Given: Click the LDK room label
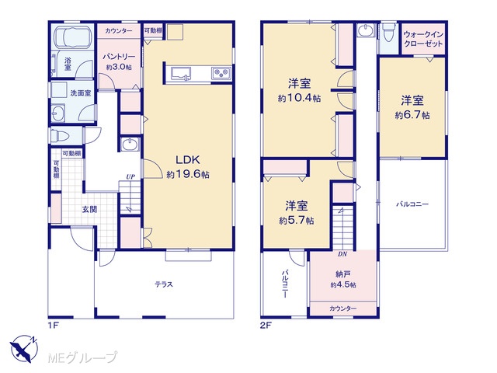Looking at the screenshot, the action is click(x=188, y=160).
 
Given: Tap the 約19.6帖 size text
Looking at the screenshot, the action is click(x=188, y=174).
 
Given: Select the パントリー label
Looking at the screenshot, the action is click(x=119, y=57).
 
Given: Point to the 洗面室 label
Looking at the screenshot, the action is click(x=81, y=93).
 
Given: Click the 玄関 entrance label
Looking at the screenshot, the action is click(x=90, y=209).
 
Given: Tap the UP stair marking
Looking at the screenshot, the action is click(x=130, y=176).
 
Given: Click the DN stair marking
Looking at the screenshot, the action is click(x=342, y=254).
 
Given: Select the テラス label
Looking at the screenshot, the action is click(x=164, y=284).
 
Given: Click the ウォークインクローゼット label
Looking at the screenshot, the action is click(x=423, y=39).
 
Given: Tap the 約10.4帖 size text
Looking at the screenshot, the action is click(x=299, y=98).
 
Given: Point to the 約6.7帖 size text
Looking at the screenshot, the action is click(x=412, y=115).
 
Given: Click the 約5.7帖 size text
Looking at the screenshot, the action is click(x=297, y=220).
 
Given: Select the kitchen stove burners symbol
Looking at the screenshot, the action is click(x=221, y=73).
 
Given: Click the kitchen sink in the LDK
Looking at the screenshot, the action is click(x=181, y=73).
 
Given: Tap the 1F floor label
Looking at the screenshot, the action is click(x=53, y=326).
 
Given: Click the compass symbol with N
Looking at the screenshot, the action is click(x=24, y=348).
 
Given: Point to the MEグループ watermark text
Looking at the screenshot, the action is click(x=83, y=357).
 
